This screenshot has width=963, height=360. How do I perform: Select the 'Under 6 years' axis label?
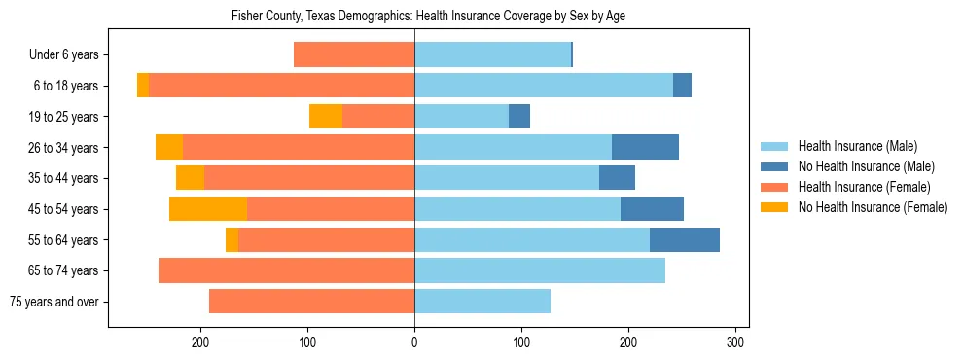70,55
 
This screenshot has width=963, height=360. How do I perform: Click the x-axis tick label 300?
735,342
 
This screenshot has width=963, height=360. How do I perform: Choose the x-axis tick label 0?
414,342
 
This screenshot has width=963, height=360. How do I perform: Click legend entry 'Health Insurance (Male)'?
857,146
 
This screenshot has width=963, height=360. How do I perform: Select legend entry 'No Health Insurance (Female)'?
873,207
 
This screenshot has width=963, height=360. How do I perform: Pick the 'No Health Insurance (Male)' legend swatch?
774,166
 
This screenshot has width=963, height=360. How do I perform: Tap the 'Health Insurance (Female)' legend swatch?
774,187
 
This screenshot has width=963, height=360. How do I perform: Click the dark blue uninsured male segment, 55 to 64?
685,240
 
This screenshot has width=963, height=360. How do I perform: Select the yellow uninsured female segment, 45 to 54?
208,209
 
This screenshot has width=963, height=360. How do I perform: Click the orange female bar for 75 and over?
311,302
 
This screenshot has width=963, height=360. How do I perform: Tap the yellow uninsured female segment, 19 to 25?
326,117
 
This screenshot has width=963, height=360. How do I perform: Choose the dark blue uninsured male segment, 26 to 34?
645,148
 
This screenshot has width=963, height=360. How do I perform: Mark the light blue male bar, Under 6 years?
492,55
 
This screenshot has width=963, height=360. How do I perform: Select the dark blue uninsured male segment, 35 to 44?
617,178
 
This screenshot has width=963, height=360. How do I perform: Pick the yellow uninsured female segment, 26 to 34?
169,148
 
